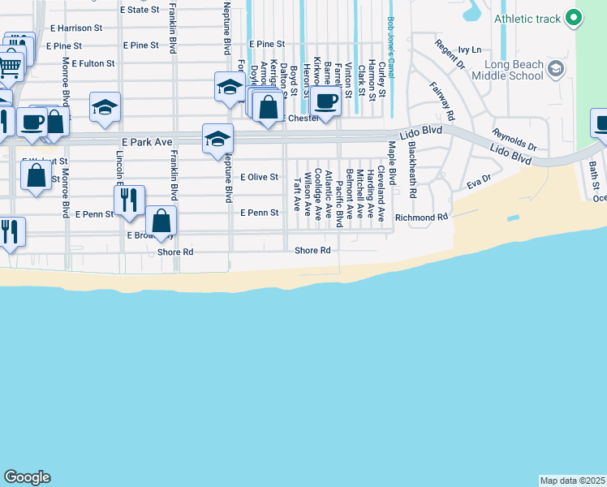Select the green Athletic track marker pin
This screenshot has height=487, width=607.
click(x=574, y=18)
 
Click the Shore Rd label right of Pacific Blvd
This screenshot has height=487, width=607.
click(x=313, y=251)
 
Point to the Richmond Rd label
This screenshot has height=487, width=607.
click(x=421, y=218)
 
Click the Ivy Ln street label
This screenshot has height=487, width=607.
click(x=470, y=50)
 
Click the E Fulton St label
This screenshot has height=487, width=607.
click(x=93, y=62)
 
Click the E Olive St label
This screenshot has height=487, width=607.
click(x=260, y=177)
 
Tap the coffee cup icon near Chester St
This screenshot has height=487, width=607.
click(x=325, y=102)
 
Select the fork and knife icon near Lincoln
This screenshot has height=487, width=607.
click(x=129, y=200)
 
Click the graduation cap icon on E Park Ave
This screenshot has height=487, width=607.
click(x=217, y=139)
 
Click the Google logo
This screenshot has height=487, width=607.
click(x=27, y=477)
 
